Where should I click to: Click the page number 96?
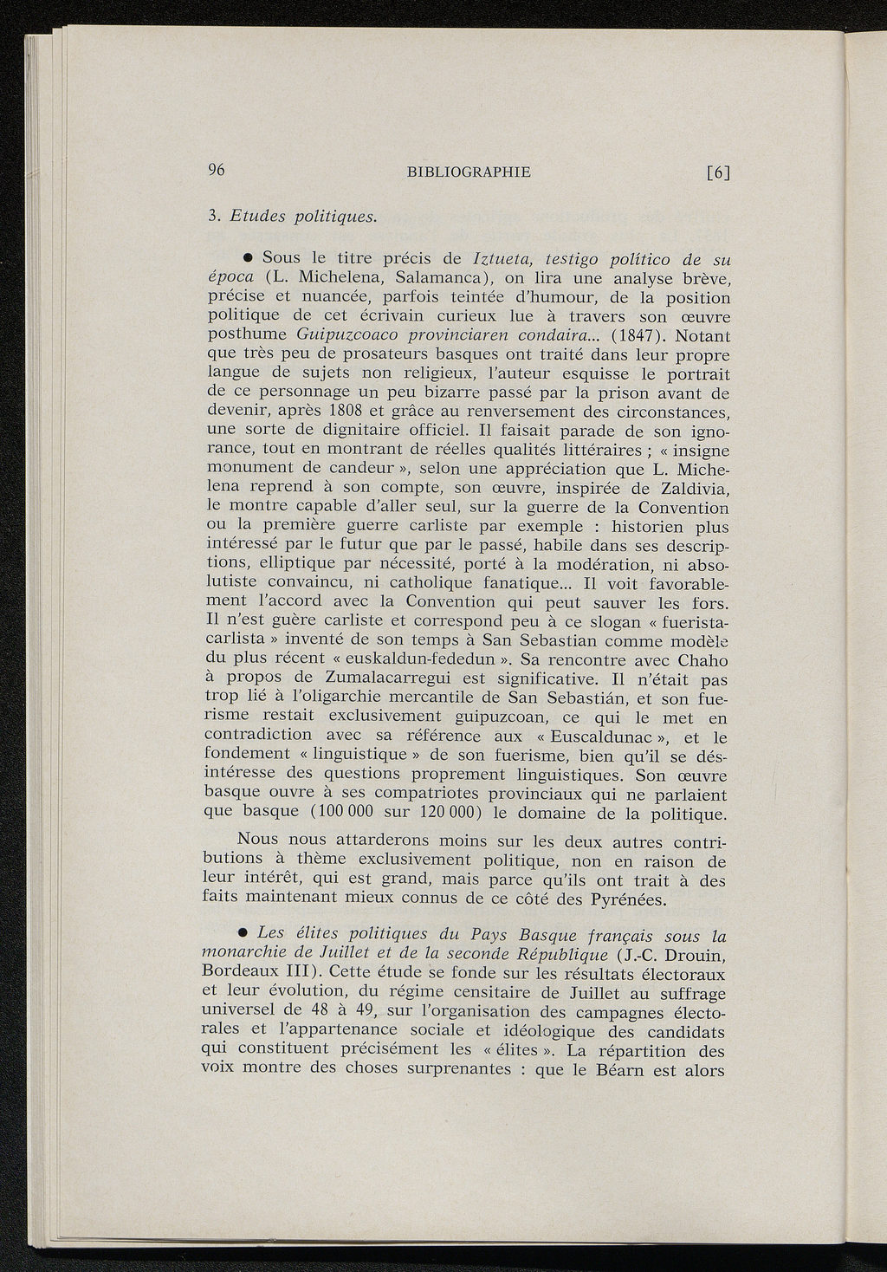pyautogui.click(x=217, y=171)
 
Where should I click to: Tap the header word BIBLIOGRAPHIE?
pyautogui.click(x=469, y=172)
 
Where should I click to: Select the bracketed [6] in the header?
pyautogui.click(x=718, y=172)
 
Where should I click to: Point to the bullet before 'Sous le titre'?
pyautogui.click(x=247, y=257)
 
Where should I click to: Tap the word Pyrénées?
pyautogui.click(x=630, y=900)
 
